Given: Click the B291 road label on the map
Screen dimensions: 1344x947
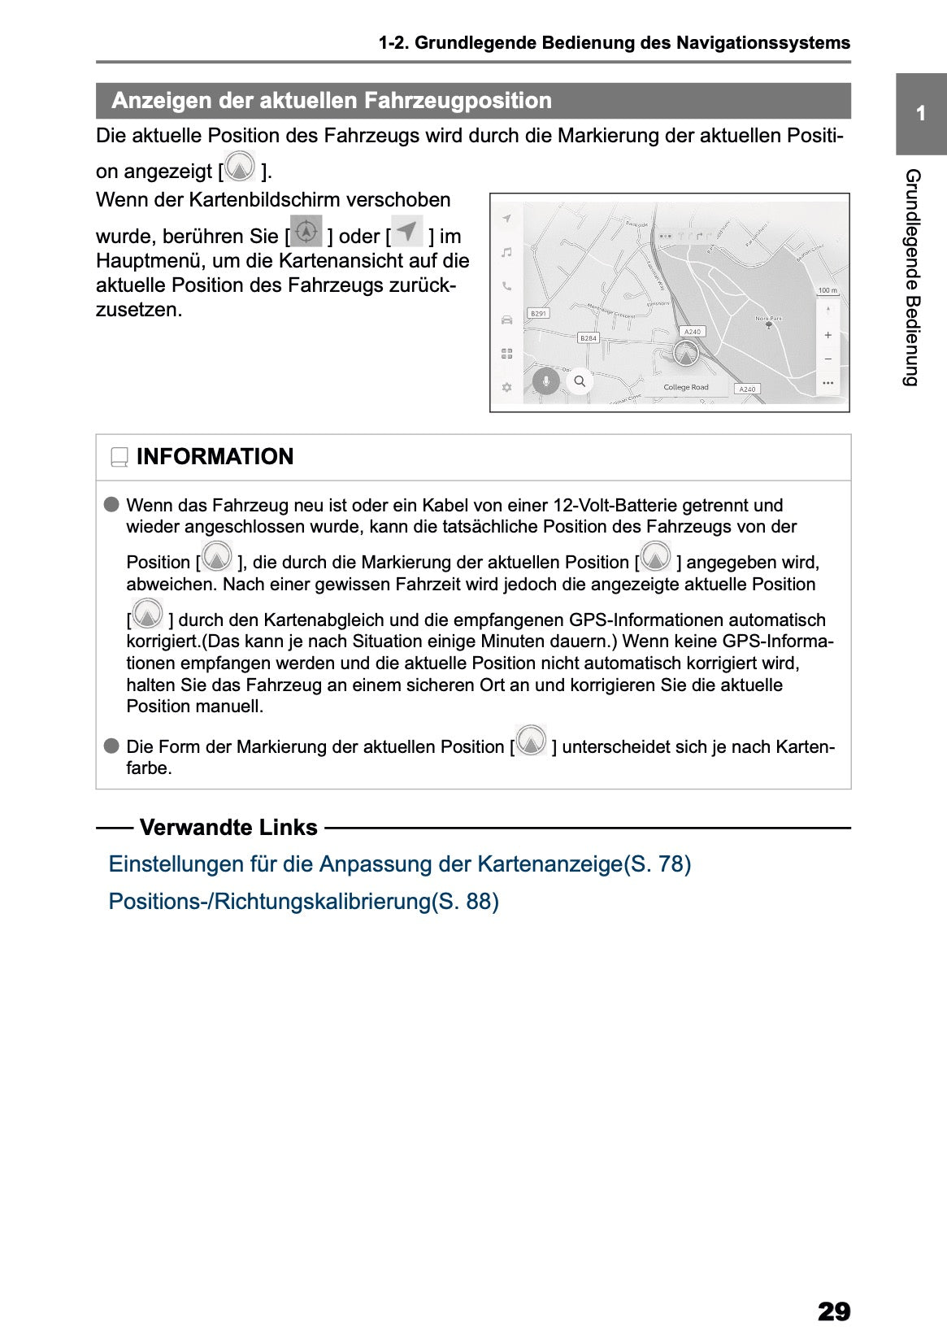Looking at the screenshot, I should (x=538, y=313).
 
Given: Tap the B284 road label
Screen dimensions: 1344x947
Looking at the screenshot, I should (x=588, y=337).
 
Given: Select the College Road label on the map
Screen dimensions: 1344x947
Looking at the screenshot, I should (x=685, y=387).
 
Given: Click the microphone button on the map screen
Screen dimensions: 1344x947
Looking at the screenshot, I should (x=545, y=381).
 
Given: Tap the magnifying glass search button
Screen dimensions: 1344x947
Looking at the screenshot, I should (x=580, y=381).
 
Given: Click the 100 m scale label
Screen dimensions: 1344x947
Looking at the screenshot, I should (x=827, y=290).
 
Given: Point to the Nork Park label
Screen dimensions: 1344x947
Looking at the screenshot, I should (x=768, y=319).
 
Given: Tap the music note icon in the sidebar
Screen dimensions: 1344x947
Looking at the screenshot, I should (x=506, y=253).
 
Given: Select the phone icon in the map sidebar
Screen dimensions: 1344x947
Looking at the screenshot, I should (x=506, y=286).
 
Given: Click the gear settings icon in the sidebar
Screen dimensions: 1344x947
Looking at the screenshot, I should (x=506, y=387).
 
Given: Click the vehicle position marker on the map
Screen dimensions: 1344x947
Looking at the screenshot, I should (x=686, y=354).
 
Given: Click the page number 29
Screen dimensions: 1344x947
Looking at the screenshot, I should (x=833, y=1311).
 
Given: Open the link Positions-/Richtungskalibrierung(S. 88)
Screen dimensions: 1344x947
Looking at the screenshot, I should (x=303, y=901).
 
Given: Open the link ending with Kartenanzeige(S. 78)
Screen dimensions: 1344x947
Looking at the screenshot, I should (x=399, y=863).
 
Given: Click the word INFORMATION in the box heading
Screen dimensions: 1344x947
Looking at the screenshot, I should (x=215, y=457).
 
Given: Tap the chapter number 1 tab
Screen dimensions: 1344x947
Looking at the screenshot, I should (x=920, y=114).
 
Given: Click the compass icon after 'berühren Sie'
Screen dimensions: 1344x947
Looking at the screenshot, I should (x=306, y=232).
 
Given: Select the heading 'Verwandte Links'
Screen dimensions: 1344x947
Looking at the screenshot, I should (x=228, y=828).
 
